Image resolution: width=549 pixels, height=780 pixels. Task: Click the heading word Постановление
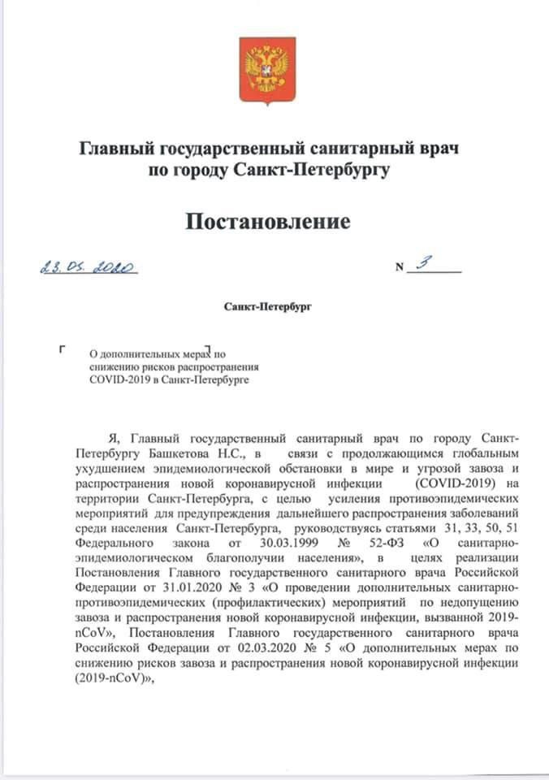tap(270, 221)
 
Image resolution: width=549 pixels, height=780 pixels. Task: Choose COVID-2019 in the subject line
tap(117, 379)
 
